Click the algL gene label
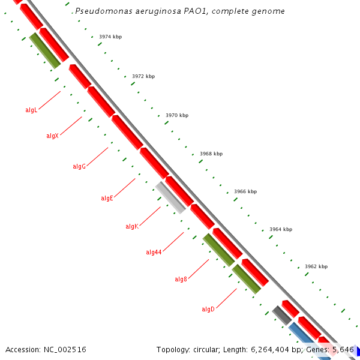[x=31, y=110]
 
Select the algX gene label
[x=52, y=136]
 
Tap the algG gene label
[x=79, y=166]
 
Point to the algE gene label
[x=107, y=198]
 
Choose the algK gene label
[x=132, y=226]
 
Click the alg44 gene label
[x=154, y=252]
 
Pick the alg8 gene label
[x=181, y=279]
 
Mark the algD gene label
[x=208, y=309]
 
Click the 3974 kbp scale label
[x=110, y=37]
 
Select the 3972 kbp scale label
[x=143, y=76]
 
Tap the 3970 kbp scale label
[x=177, y=115]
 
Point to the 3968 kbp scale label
[x=211, y=154]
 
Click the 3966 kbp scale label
[x=245, y=191]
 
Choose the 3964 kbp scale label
[x=281, y=229]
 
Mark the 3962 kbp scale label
[x=316, y=266]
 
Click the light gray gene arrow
[x=170, y=197]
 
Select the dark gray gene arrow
[x=281, y=315]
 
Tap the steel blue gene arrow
[x=308, y=340]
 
